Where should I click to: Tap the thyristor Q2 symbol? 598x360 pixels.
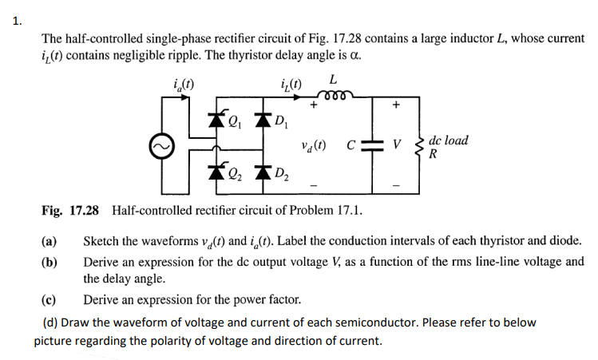pyautogui.click(x=216, y=170)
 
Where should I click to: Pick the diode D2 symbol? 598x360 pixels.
pyautogui.click(x=260, y=170)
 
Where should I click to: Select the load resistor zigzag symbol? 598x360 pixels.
pyautogui.click(x=418, y=145)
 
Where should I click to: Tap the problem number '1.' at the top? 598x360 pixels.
pyautogui.click(x=18, y=22)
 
